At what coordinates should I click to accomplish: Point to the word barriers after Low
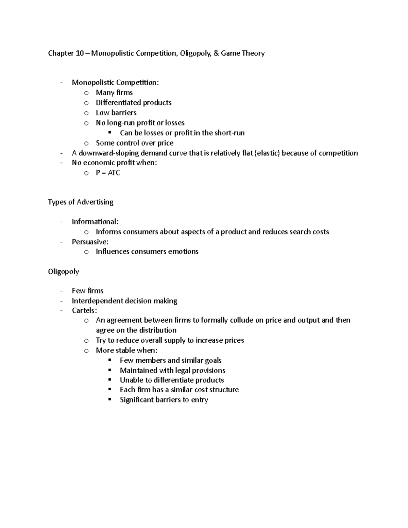[124, 113]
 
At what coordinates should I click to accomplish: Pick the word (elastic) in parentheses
[267, 153]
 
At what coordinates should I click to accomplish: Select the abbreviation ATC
[114, 173]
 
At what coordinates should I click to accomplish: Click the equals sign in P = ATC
[103, 173]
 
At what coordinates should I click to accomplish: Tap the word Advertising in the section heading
[95, 202]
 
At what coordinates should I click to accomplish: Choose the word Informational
[95, 222]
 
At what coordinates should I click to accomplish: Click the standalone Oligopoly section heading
[64, 272]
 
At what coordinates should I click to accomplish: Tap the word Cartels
[84, 310]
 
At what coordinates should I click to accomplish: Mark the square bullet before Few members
[109, 360]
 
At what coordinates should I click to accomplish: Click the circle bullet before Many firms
[86, 93]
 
